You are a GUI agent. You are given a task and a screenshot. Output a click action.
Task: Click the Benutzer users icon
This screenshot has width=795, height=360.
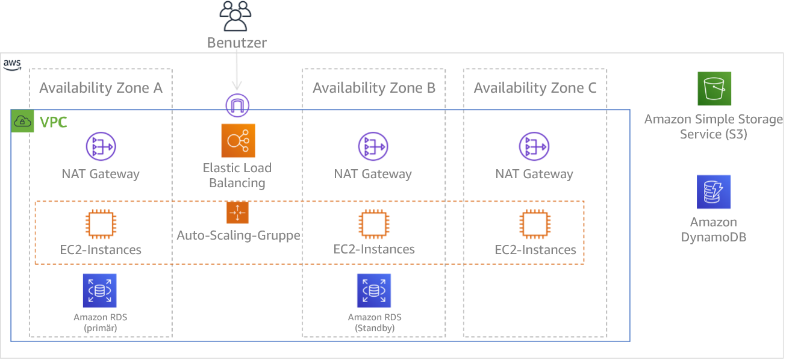[235, 16]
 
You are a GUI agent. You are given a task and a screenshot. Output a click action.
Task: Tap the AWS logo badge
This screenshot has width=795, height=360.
[12, 64]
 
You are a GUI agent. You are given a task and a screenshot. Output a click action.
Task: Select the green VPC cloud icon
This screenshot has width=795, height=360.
[22, 122]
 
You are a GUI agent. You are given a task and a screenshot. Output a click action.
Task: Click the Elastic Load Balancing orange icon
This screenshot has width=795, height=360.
[238, 141]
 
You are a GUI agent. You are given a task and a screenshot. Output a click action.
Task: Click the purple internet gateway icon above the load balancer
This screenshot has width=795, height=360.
[237, 105]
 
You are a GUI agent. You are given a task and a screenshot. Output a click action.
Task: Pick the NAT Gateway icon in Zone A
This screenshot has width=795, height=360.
[100, 146]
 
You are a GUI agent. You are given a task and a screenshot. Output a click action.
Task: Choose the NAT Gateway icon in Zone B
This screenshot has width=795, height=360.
[373, 146]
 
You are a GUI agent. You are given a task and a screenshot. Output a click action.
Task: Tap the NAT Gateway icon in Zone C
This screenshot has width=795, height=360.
[535, 146]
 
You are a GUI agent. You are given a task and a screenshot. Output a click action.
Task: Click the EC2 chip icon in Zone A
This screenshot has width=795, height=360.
[100, 225]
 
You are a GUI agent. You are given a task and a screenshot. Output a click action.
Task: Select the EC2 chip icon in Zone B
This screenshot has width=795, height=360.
[373, 225]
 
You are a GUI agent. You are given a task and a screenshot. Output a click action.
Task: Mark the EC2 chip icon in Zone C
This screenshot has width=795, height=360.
[535, 225]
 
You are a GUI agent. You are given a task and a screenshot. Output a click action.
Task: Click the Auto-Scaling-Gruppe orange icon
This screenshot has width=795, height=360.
[237, 213]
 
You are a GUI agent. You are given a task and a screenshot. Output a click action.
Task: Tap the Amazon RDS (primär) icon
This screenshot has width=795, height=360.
[99, 291]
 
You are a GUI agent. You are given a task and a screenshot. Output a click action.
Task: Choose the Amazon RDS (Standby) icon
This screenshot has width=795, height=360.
[373, 291]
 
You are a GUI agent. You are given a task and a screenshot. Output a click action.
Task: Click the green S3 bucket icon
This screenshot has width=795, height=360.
[714, 89]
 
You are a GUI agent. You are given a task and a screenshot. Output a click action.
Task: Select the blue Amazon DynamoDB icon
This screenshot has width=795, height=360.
[714, 192]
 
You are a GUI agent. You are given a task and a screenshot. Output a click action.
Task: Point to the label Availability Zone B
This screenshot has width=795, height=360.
[374, 88]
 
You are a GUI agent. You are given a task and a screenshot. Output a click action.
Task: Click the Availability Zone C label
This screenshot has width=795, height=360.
[535, 88]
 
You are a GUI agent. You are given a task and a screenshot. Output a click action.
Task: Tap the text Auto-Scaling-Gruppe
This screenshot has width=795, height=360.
[238, 235]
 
